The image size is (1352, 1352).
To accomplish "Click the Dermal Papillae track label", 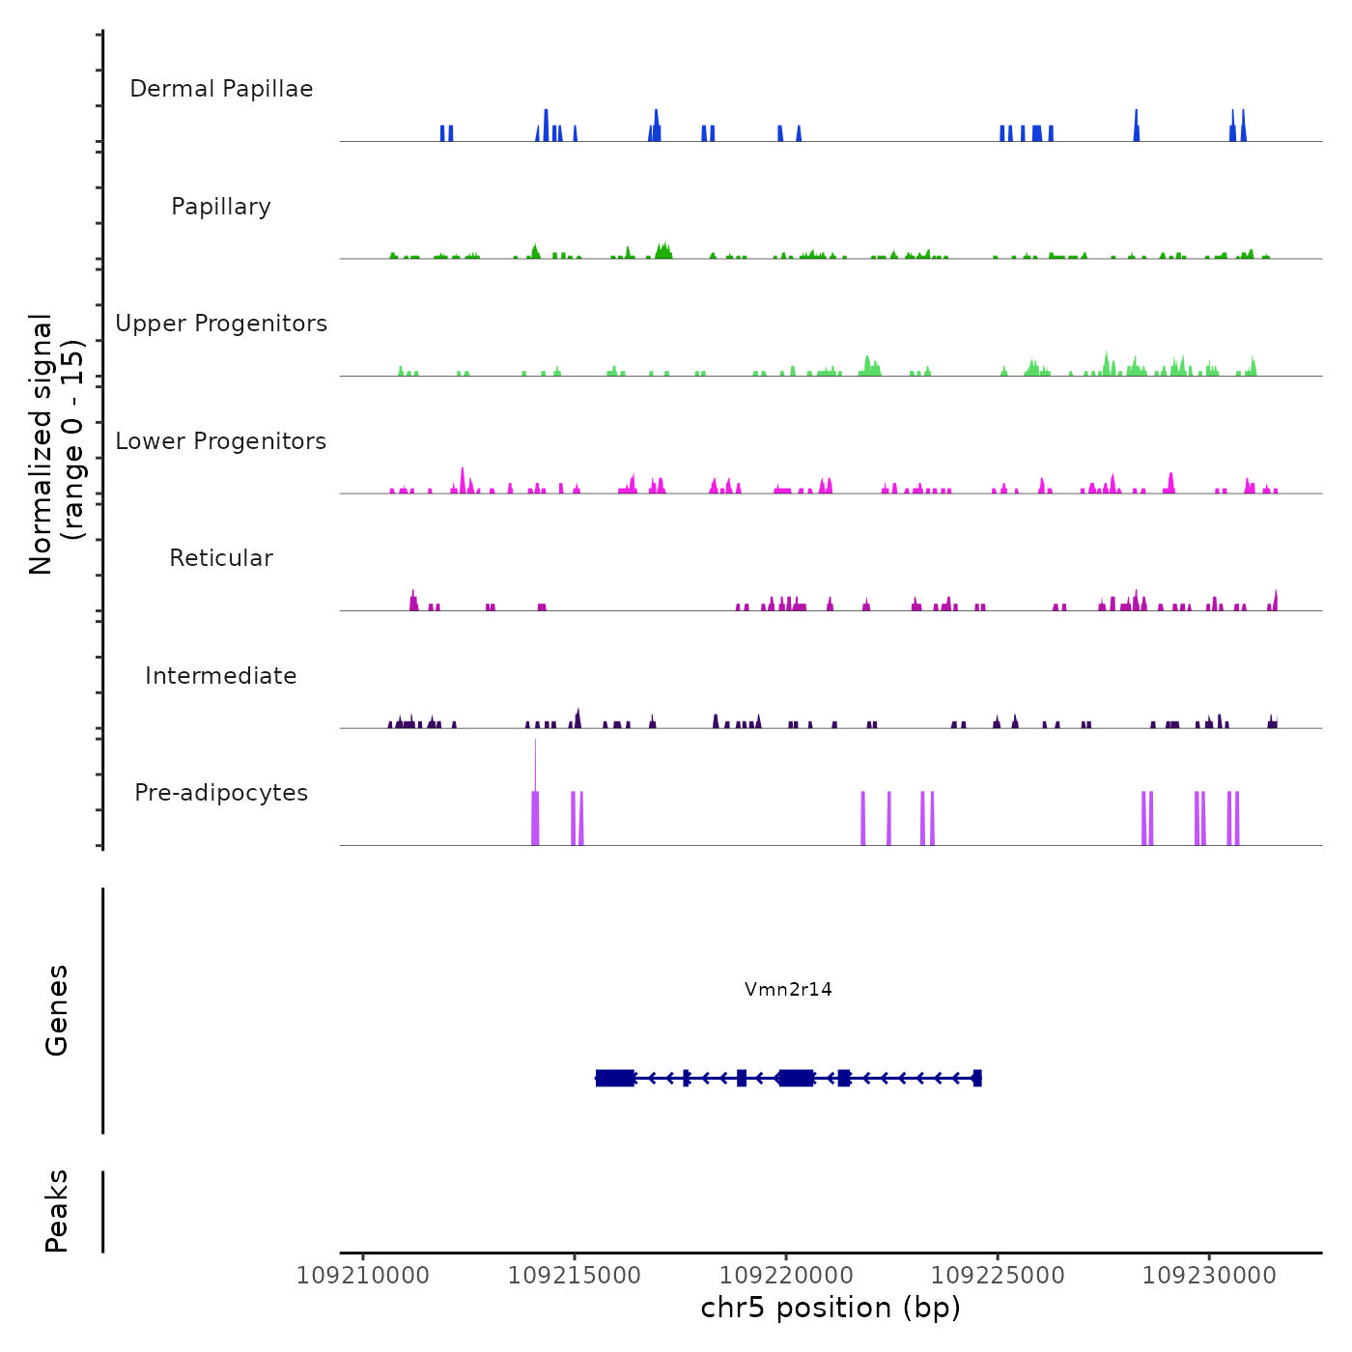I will pyautogui.click(x=221, y=89).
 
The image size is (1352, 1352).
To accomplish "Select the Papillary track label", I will pyautogui.click(x=221, y=207).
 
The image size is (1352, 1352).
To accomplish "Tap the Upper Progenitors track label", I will pyautogui.click(x=221, y=324).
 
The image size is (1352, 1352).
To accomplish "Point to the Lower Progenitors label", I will pyautogui.click(x=221, y=441).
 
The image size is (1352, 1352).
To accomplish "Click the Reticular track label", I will pyautogui.click(x=221, y=558).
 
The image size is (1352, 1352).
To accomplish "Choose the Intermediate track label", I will pyautogui.click(x=221, y=676).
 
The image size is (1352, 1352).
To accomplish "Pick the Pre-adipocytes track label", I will pyautogui.click(x=221, y=793).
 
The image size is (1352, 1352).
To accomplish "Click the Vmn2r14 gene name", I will pyautogui.click(x=788, y=989).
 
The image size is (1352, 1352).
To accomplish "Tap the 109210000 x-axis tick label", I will pyautogui.click(x=363, y=1276).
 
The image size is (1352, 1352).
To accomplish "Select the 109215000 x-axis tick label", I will pyautogui.click(x=575, y=1276).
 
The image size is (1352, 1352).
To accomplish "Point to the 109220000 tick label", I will pyautogui.click(x=786, y=1276).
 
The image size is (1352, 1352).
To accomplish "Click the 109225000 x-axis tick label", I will pyautogui.click(x=998, y=1276).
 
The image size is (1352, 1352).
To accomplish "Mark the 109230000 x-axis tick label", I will pyautogui.click(x=1209, y=1276).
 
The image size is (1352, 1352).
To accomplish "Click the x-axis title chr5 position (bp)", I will pyautogui.click(x=831, y=1308).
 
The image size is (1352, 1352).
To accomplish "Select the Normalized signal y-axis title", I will pyautogui.click(x=56, y=443).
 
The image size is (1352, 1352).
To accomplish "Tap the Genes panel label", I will pyautogui.click(x=57, y=1010).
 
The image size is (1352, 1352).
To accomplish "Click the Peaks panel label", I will pyautogui.click(x=57, y=1211).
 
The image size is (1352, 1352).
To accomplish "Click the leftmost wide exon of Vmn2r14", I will pyautogui.click(x=615, y=1078).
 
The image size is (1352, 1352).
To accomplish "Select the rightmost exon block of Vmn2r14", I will pyautogui.click(x=977, y=1078).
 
